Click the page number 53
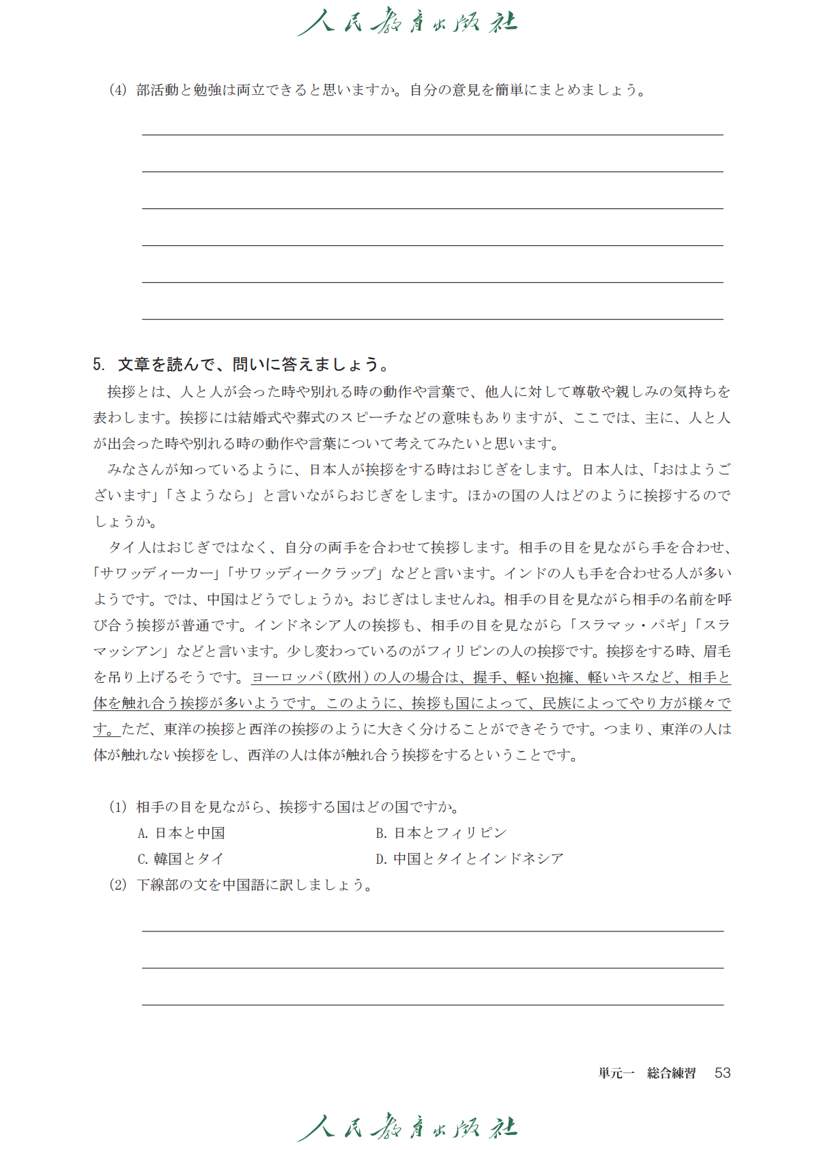722,1073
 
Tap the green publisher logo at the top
407,22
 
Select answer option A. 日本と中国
182,833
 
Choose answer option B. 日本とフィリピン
441,833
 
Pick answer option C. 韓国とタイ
181,859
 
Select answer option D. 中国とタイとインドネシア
470,859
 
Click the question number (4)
118,90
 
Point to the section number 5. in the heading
99,365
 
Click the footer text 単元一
616,1074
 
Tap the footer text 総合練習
672,1074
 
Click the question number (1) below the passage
118,807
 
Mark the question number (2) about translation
118,885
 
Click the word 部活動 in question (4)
158,90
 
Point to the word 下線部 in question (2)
158,885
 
